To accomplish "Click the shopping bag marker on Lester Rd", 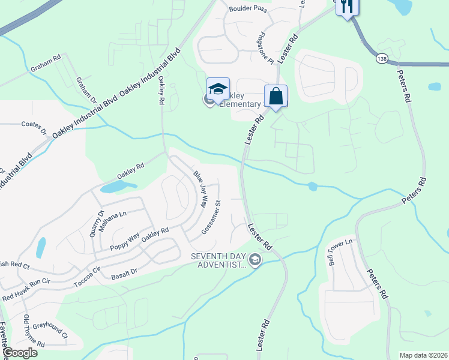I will [x=276, y=97].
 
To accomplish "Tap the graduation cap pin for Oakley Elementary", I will [x=218, y=90].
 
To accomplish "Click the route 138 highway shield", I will [x=382, y=58].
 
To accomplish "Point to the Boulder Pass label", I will [x=247, y=9].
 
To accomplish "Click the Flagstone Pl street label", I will [x=264, y=49].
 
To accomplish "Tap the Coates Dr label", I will [x=34, y=127].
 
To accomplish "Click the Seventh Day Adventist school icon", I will [x=255, y=260].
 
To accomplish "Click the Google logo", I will [x=20, y=352].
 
